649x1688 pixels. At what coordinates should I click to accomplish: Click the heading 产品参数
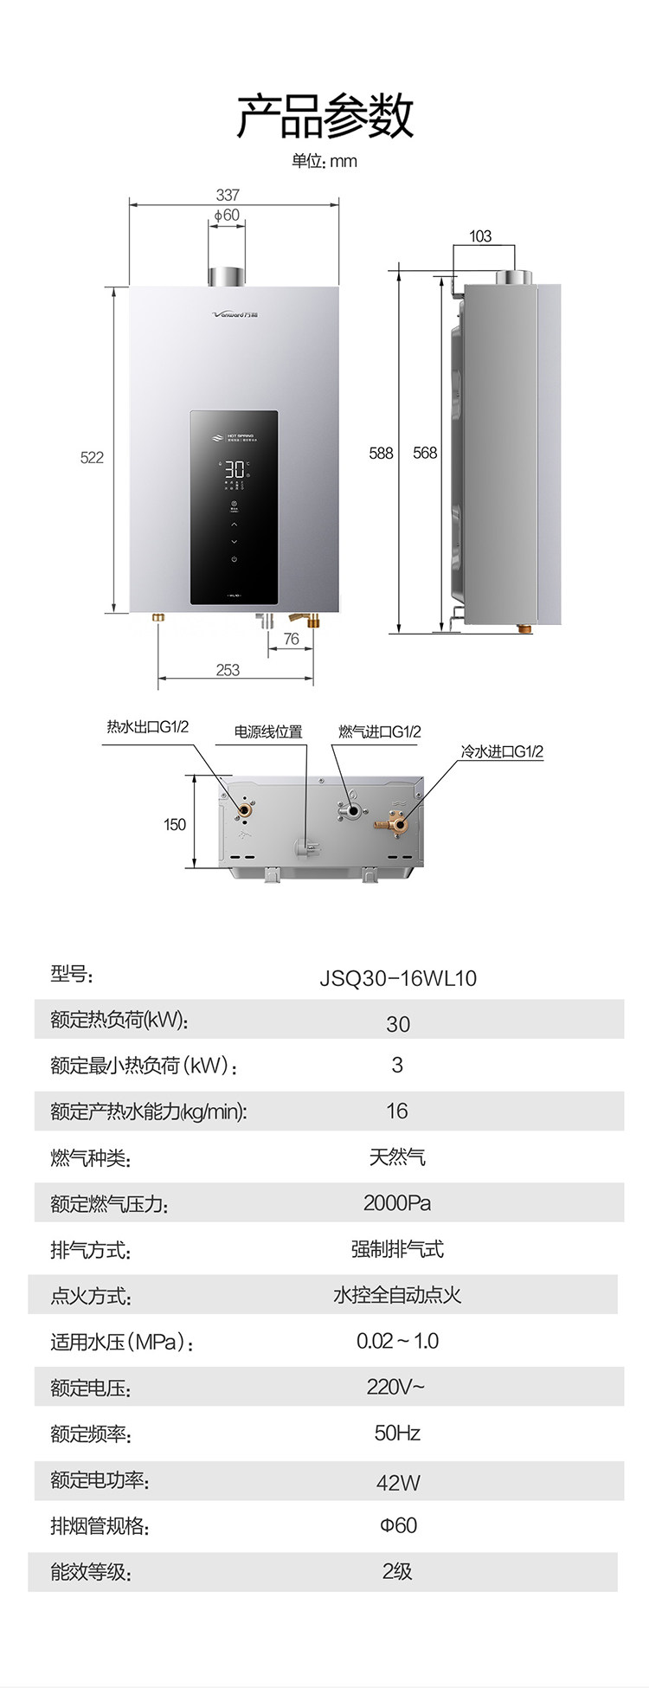click(x=324, y=116)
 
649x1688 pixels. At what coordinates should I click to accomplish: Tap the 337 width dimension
click(x=228, y=195)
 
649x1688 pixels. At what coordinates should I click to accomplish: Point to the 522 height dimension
click(x=92, y=457)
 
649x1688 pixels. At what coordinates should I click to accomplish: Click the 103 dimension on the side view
click(x=480, y=235)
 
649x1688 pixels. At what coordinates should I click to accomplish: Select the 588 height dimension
click(x=381, y=453)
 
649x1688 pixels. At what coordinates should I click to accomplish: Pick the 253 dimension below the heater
click(x=228, y=669)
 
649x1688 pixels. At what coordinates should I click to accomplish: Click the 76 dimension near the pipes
click(x=291, y=639)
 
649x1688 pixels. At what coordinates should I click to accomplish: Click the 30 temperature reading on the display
click(x=234, y=470)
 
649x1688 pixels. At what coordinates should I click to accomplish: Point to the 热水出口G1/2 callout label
click(x=147, y=727)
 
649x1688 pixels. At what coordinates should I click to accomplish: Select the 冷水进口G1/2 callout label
click(x=502, y=751)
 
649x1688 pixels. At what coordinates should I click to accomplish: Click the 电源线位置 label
click(x=268, y=731)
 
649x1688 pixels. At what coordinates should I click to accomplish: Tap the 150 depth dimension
click(x=175, y=824)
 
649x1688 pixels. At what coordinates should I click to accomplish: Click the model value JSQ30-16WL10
click(x=398, y=978)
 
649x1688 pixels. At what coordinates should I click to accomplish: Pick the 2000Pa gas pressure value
click(x=397, y=1202)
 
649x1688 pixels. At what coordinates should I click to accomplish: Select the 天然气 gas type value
click(x=397, y=1156)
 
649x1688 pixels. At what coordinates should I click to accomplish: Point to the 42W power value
click(x=398, y=1482)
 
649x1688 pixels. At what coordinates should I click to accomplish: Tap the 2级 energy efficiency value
click(x=397, y=1571)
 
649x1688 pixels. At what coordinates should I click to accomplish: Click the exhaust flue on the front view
click(x=226, y=275)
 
